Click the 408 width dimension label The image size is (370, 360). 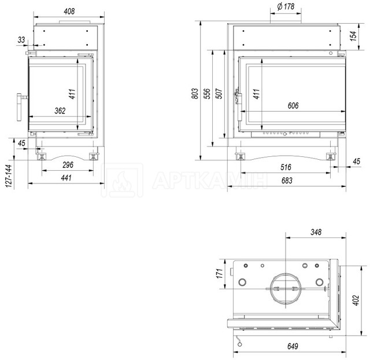click(x=69, y=12)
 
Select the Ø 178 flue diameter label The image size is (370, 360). click(x=286, y=6)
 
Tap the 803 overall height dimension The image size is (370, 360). click(x=195, y=94)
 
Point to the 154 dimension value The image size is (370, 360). click(x=353, y=36)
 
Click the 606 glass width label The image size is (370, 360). click(x=293, y=105)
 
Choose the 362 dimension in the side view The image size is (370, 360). click(x=60, y=111)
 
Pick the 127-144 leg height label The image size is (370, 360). click(x=9, y=176)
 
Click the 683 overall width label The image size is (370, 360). click(x=287, y=181)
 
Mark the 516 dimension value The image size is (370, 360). click(x=286, y=167)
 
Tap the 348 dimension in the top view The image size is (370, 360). click(x=316, y=232)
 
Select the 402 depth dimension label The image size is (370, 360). click(x=356, y=300)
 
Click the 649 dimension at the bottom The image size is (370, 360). click(x=293, y=346)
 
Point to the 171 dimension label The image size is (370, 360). click(x=220, y=273)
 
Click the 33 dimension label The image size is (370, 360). click(x=21, y=40)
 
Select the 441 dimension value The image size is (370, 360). click(x=66, y=178)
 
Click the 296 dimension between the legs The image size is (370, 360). click(x=68, y=164)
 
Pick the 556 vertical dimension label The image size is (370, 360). click(x=207, y=94)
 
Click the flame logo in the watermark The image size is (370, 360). click(x=122, y=181)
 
